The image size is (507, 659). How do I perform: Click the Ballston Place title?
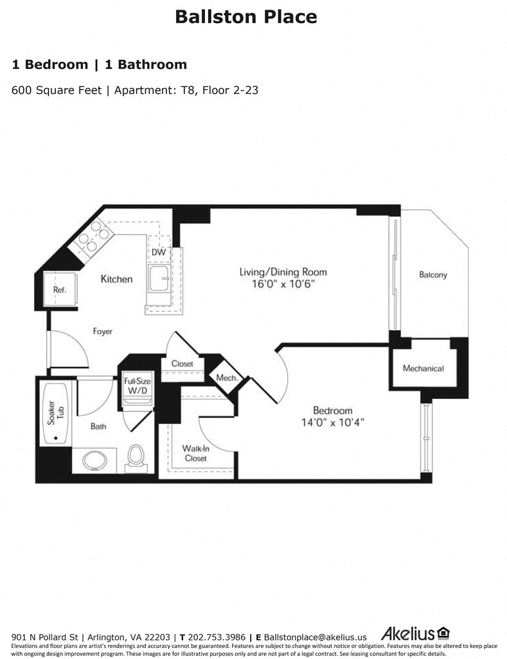[246, 17]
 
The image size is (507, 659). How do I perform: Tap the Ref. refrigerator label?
[60, 290]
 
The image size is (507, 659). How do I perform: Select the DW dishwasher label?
[159, 252]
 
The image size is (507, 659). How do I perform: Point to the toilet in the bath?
[136, 456]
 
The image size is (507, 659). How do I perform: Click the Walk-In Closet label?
[195, 453]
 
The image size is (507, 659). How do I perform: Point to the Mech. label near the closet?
[226, 378]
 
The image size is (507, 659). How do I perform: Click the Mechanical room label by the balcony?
[423, 368]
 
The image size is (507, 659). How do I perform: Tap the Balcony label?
[432, 275]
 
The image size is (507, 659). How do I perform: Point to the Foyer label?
[102, 331]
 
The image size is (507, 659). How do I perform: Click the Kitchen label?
[116, 279]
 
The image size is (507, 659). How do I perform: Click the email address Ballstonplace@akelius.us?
[315, 637]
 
